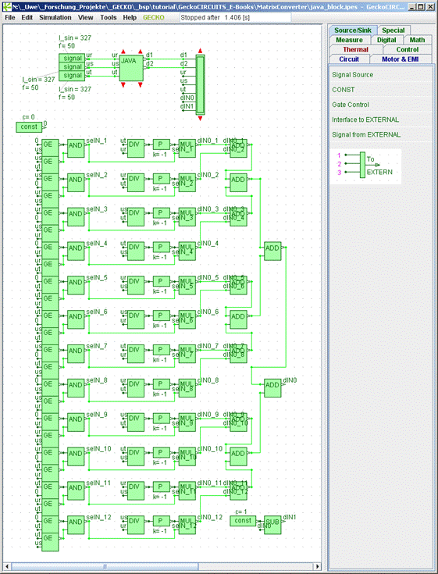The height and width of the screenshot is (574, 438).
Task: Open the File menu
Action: [10, 16]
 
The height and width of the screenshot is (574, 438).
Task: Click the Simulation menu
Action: [55, 16]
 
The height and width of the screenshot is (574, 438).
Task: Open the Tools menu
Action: [109, 16]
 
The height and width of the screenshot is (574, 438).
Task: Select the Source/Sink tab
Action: [353, 30]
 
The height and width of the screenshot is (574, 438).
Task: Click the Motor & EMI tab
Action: [401, 59]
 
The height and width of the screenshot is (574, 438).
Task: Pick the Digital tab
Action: [386, 39]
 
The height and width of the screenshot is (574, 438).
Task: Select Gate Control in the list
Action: [351, 105]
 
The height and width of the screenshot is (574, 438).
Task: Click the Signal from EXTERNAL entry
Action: [366, 134]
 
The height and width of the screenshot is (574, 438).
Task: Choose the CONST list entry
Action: [344, 90]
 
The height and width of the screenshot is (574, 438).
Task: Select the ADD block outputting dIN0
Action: [272, 385]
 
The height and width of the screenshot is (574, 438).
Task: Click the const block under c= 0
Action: [29, 127]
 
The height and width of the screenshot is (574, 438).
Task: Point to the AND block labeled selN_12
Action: [76, 522]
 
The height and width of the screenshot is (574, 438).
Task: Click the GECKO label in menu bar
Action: [153, 16]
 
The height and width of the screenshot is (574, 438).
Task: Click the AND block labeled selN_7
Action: [76, 352]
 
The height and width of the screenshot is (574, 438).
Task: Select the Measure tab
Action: [349, 39]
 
